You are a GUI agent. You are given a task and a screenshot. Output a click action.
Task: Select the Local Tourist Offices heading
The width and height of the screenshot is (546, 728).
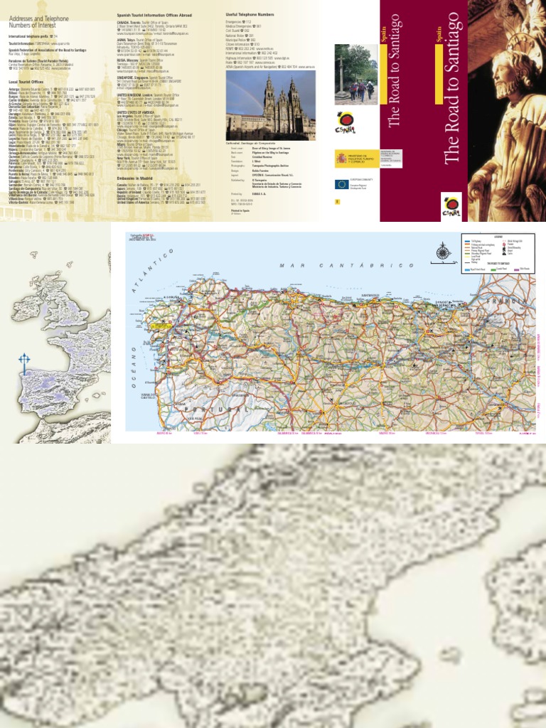pyautogui.click(x=29, y=81)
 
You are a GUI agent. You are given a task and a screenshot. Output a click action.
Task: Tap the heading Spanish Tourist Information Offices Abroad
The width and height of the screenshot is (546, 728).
pyautogui.click(x=160, y=14)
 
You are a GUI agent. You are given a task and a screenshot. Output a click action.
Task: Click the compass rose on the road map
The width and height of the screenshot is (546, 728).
pyautogui.click(x=442, y=250)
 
